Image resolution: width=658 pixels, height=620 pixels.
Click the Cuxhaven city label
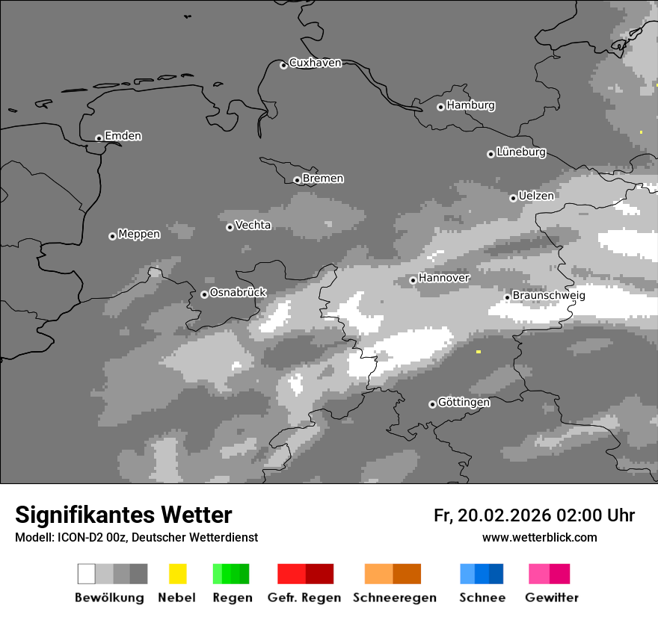(315, 63)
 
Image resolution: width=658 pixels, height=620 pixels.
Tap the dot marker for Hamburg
(440, 107)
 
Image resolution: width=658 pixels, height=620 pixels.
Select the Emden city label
(123, 136)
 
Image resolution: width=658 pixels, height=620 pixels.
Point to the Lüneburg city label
(521, 152)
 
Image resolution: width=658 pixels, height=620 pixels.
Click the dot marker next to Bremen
(297, 180)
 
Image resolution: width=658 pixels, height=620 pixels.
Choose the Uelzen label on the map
(536, 196)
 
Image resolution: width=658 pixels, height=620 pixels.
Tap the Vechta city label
(253, 225)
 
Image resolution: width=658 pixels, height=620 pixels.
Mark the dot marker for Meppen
(112, 236)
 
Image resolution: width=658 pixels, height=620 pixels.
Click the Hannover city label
(444, 278)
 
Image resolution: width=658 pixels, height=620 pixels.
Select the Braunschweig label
(549, 296)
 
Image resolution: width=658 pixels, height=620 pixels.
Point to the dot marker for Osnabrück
(204, 294)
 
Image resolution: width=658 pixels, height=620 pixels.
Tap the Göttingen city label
(464, 403)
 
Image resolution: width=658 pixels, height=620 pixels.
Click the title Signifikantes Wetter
(123, 515)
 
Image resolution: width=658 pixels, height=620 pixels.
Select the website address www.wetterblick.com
(540, 538)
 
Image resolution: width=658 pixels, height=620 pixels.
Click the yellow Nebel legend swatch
(177, 574)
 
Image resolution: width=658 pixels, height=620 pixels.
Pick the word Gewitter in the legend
(552, 598)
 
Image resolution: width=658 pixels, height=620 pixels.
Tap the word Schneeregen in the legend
(395, 598)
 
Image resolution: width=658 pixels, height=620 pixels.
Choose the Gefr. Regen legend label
(304, 598)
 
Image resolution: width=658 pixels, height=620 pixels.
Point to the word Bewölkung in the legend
(109, 598)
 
